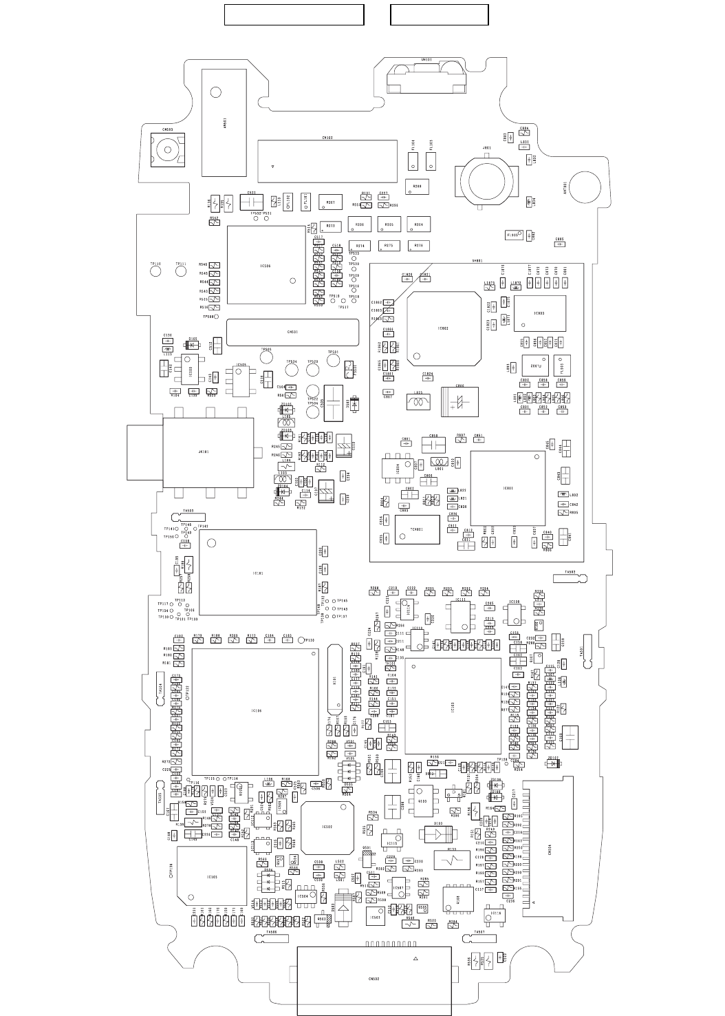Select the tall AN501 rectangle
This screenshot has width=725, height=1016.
224,123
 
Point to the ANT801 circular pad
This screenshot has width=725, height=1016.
584,185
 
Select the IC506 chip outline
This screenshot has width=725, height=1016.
266,264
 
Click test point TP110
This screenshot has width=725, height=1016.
156,271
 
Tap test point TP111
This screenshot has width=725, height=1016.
181,271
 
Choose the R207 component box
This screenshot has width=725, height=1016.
330,202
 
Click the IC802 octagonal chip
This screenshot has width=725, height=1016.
443,328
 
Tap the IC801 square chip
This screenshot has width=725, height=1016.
508,488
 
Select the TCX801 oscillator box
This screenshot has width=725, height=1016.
417,529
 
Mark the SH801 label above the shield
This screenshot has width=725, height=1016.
477,260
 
